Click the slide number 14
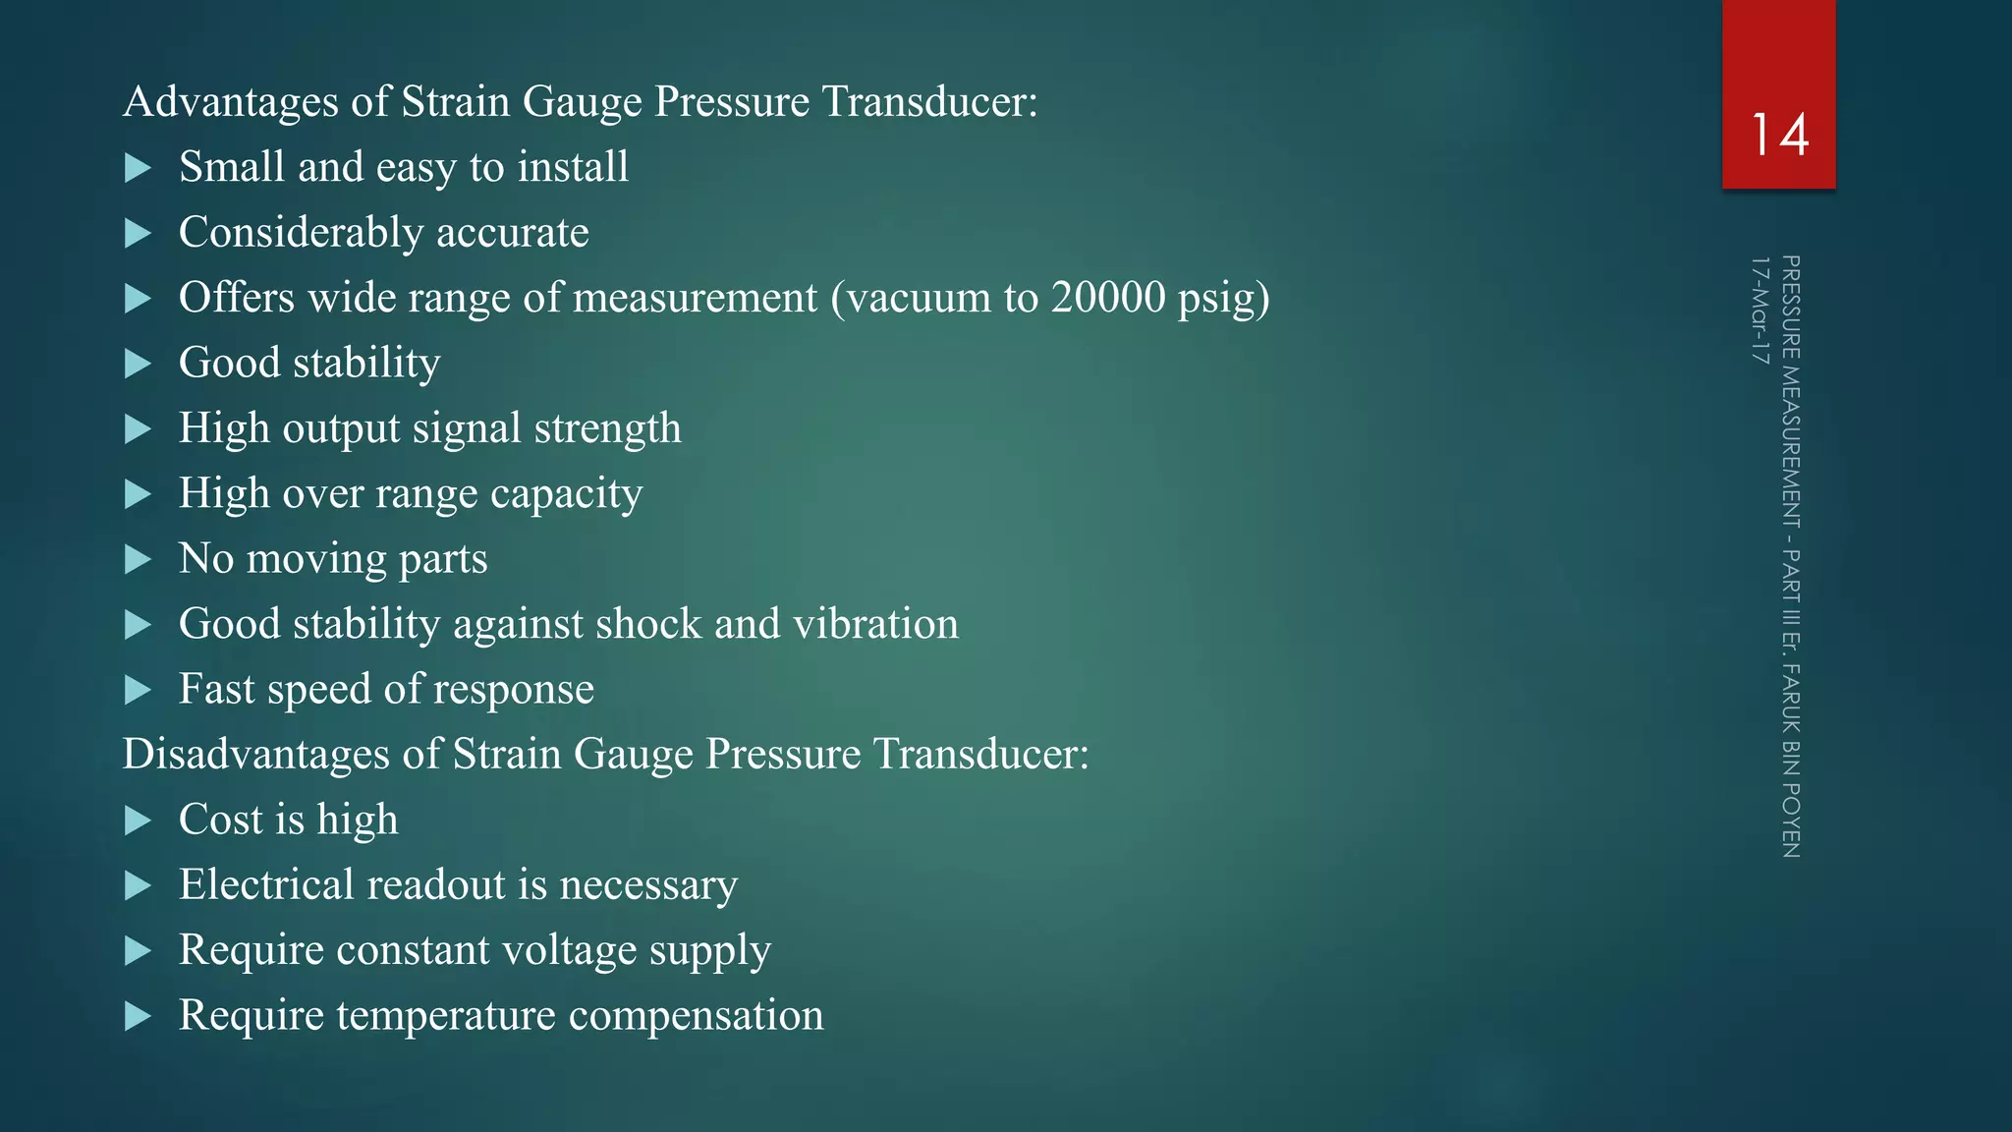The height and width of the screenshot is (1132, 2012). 1779,135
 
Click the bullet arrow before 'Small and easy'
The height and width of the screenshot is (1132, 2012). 139,168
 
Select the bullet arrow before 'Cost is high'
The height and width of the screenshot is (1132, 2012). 139,821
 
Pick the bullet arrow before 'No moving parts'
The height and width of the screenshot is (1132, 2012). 139,560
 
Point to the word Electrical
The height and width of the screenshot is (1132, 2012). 267,884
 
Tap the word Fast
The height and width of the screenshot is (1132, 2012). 217,689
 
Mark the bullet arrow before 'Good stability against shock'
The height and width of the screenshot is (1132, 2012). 139,625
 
